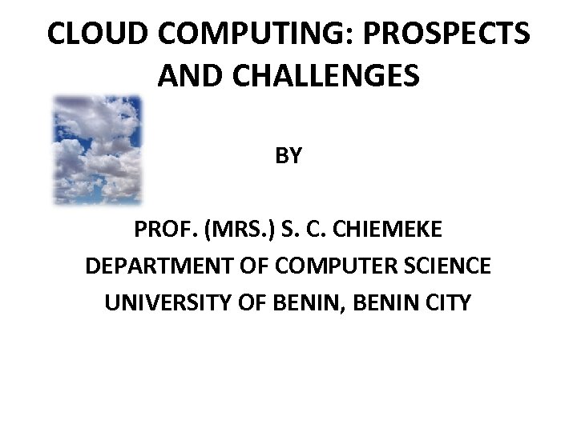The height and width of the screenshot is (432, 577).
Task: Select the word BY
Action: coord(288,155)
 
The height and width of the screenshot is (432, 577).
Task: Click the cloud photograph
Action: coord(96,149)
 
